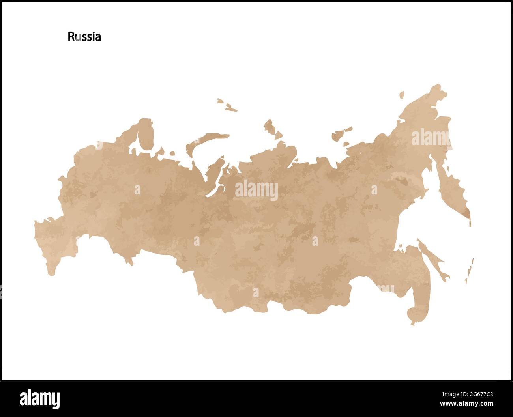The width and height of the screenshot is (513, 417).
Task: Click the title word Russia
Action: coord(84,37)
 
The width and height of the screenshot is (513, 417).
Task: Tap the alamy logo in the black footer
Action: coord(39,399)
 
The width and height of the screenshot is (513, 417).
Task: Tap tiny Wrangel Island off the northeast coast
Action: coord(401,95)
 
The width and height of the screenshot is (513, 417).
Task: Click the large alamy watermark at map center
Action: coord(256,191)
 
